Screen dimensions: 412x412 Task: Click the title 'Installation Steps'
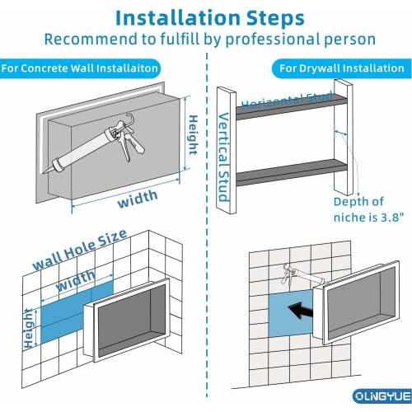206,16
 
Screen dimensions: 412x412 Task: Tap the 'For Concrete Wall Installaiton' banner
80,69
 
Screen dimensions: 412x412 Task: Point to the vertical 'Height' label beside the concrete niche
191,134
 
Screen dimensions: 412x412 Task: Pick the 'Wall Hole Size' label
78,250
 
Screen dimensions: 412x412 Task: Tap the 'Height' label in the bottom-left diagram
30,337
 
